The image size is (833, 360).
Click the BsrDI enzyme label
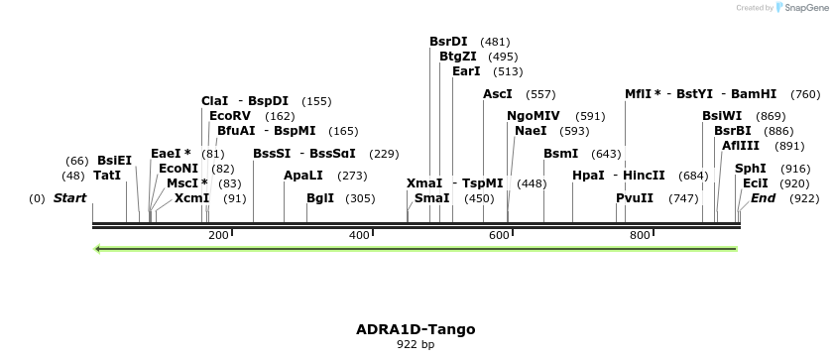click(x=448, y=42)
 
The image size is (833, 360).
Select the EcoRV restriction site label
click(x=230, y=116)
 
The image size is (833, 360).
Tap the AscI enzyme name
click(x=498, y=94)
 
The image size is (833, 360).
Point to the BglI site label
click(x=320, y=198)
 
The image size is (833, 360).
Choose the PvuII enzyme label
click(x=635, y=198)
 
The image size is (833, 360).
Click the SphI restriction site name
click(x=751, y=169)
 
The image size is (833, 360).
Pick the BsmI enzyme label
click(x=561, y=154)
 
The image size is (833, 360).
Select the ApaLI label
click(x=303, y=176)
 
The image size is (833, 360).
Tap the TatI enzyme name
click(x=107, y=176)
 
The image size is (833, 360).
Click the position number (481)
click(x=495, y=42)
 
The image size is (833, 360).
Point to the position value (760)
click(x=805, y=94)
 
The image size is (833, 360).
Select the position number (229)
click(x=384, y=154)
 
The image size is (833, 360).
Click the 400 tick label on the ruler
click(x=359, y=235)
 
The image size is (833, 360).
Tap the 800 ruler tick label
click(x=640, y=235)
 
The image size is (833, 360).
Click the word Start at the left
click(x=69, y=198)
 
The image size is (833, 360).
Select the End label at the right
click(x=763, y=198)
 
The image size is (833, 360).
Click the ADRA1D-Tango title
click(x=416, y=329)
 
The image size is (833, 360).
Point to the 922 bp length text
click(x=416, y=345)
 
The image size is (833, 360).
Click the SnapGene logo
click(x=801, y=8)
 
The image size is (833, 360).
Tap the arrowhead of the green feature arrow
click(x=97, y=249)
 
